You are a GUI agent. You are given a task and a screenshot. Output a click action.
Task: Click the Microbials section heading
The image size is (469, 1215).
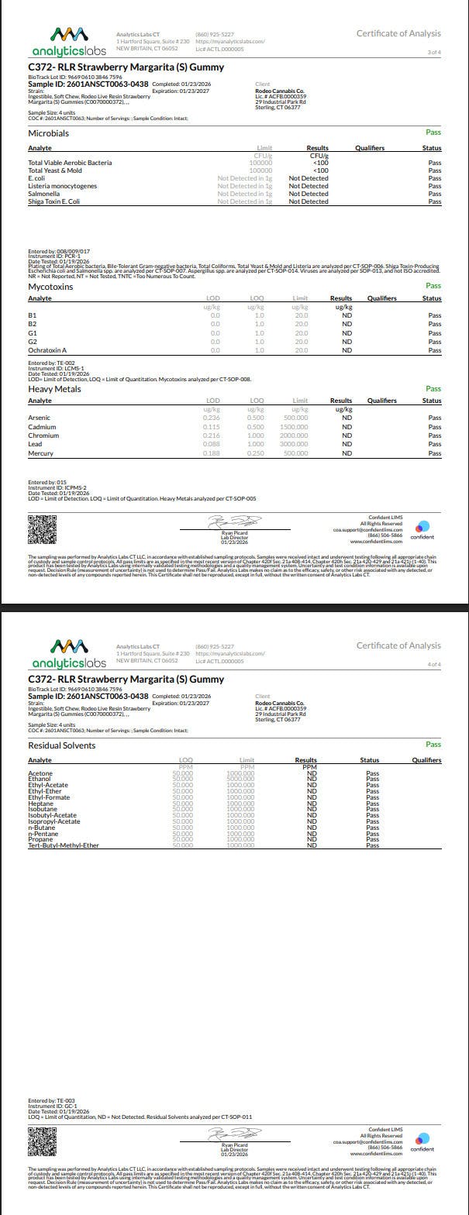48,133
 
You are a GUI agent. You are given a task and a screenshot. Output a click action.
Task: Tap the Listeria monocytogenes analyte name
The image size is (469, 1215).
63,186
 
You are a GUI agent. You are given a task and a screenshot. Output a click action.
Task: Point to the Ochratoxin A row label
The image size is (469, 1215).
47,350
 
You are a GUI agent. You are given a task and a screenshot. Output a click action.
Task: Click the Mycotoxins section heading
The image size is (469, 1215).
50,287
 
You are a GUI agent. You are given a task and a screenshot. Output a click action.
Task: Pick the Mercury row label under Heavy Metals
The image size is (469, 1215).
40,453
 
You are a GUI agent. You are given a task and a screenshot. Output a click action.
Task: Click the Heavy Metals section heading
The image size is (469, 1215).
54,389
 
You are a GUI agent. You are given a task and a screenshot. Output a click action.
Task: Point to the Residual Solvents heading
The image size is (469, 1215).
62,745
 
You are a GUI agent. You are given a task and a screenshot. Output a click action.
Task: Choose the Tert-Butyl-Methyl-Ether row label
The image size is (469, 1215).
64,845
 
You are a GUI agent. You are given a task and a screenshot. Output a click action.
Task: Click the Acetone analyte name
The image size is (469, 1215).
40,773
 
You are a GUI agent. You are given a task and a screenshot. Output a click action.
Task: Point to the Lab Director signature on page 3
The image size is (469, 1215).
235,524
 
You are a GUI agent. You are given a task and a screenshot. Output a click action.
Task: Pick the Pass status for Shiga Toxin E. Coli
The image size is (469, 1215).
435,201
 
